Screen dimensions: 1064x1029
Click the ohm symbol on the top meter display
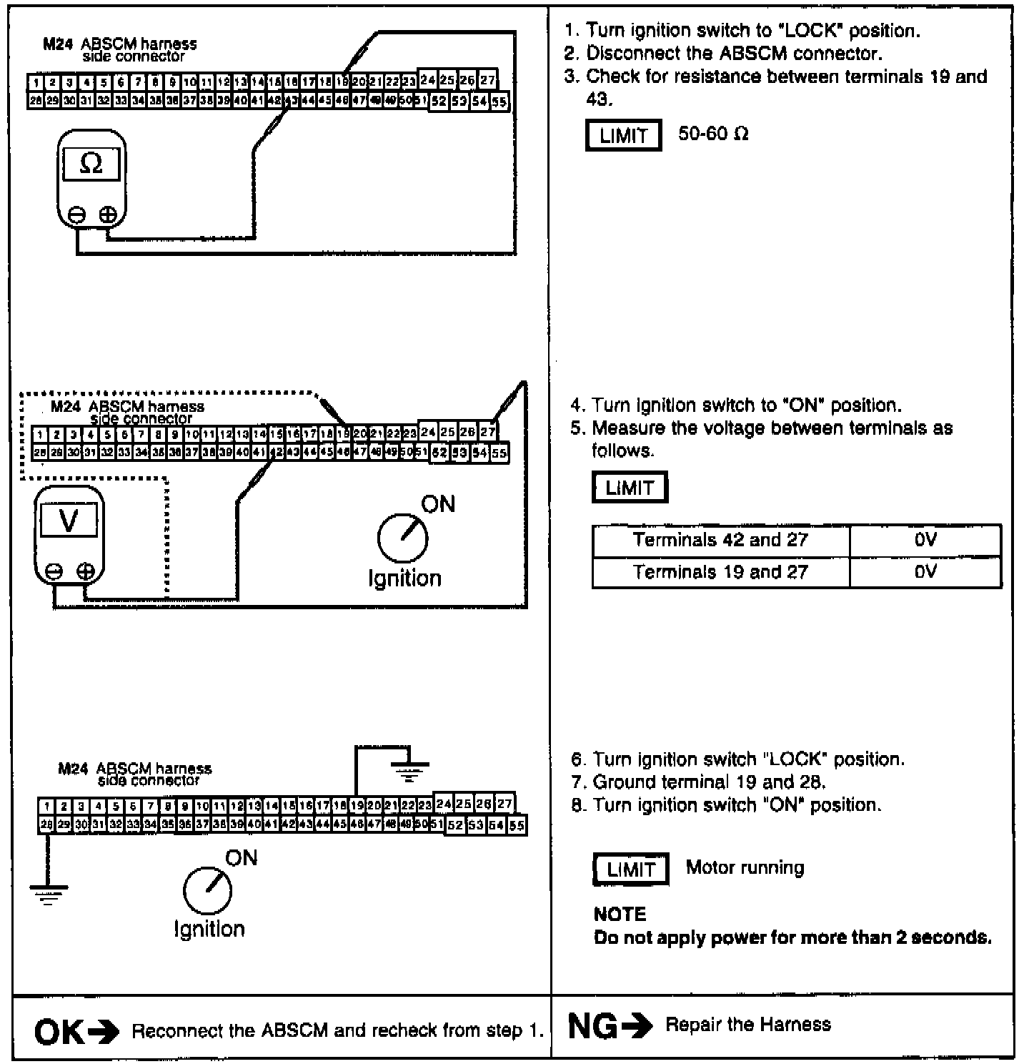91,164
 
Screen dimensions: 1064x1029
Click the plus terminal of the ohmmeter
107,214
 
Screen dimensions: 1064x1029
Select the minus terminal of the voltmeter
53,571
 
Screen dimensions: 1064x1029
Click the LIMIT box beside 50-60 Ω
623,135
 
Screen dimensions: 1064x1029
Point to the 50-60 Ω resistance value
713,134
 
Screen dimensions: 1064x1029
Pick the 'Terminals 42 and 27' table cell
720,540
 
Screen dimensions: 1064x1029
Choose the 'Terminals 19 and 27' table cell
720,572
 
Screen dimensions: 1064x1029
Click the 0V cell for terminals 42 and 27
925,540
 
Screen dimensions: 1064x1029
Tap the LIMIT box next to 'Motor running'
631,870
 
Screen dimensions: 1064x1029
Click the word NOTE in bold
620,915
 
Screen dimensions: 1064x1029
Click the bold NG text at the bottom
593,1026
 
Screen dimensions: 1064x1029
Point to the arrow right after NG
637,1027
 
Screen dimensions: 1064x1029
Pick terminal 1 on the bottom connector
46,806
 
